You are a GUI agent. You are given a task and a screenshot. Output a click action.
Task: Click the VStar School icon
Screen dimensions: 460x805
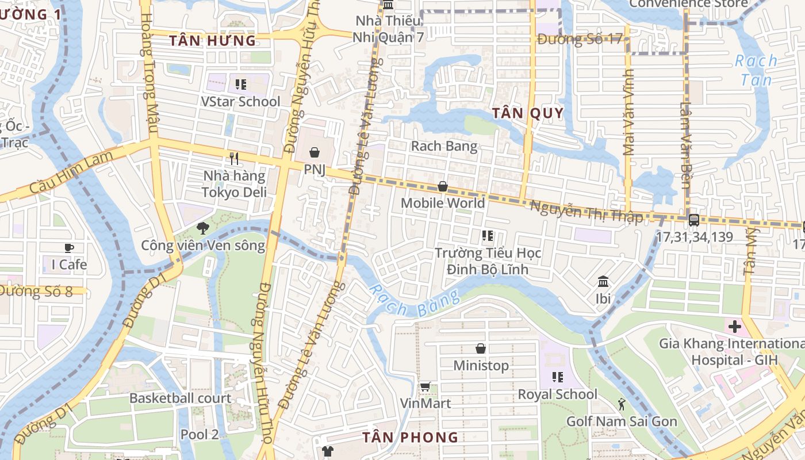coord(241,85)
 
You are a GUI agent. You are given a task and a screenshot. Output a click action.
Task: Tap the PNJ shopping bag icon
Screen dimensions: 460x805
coord(315,152)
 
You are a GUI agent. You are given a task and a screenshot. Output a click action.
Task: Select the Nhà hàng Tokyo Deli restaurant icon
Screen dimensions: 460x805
coord(234,159)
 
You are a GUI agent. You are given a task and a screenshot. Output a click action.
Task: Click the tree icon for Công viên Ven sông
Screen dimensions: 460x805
coord(202,228)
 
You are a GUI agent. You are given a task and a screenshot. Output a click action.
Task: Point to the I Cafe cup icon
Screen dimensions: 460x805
coord(69,248)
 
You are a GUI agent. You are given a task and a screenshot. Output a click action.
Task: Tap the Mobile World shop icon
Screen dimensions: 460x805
coord(443,186)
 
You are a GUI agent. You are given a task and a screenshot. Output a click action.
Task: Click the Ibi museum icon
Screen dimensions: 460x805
coord(603,282)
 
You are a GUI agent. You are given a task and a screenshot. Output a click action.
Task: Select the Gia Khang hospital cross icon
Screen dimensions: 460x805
coord(734,327)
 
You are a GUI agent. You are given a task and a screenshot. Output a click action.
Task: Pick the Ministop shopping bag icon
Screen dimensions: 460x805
coord(481,348)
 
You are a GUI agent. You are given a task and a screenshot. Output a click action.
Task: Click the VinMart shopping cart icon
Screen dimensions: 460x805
coord(425,386)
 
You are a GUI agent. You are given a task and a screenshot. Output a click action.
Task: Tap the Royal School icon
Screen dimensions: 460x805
coord(557,377)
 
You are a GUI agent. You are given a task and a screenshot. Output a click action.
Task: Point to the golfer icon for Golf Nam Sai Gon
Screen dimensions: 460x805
coord(622,404)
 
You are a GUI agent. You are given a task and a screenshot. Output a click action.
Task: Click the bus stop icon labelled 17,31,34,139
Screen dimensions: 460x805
coord(694,220)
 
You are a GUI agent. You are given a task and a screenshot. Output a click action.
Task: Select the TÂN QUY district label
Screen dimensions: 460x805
coord(528,113)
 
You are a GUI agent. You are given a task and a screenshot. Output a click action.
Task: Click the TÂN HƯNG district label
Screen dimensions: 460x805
coord(213,41)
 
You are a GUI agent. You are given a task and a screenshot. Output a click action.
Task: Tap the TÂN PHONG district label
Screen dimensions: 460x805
coord(411,438)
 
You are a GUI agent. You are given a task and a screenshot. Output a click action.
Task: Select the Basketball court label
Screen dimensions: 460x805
coord(180,398)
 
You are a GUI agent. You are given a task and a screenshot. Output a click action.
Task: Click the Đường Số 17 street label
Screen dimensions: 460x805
coord(580,39)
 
